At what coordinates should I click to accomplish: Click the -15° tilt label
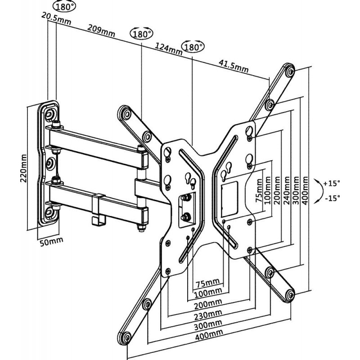333,197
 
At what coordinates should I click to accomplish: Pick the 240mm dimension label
286,189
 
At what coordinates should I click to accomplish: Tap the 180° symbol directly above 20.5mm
64,6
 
